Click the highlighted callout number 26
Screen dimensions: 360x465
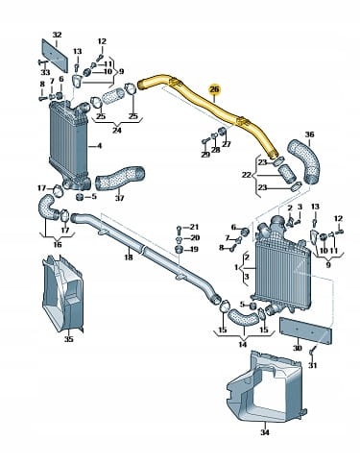pos(214,89)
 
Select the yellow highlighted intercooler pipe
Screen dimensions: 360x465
pos(211,106)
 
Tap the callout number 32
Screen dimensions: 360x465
pos(57,35)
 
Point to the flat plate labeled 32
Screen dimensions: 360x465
pos(55,56)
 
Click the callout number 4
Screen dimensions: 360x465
pos(99,146)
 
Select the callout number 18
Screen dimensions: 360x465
pos(129,257)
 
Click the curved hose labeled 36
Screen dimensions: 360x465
pos(305,160)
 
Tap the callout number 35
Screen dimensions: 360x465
pos(68,339)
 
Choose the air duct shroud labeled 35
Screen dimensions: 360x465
pos(62,294)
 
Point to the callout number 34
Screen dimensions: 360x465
pos(265,432)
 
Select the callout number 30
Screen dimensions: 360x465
pos(298,348)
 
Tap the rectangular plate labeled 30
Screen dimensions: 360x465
pos(305,330)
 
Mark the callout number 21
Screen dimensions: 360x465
pos(194,227)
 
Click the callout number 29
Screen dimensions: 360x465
pos(205,155)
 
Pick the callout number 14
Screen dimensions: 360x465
pos(243,344)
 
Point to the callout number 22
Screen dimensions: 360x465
pos(247,175)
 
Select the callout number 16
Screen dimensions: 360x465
pos(58,245)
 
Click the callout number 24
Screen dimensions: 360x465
pos(117,131)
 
